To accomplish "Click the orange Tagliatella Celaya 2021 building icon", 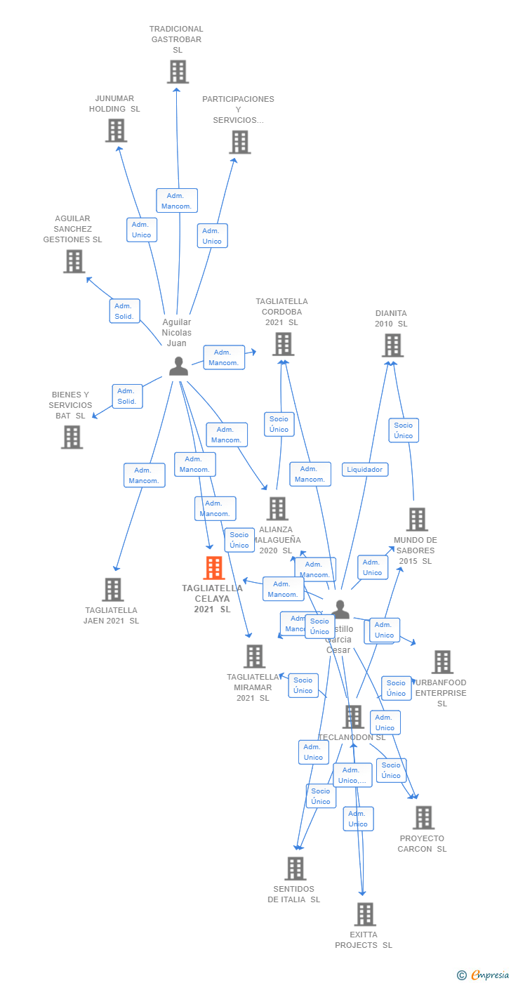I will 213,568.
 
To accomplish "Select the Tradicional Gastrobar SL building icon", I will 178,72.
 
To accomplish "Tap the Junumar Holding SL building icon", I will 116,131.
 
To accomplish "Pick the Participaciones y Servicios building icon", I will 239,142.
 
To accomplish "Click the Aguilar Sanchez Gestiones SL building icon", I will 74,261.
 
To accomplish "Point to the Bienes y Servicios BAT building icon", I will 72,437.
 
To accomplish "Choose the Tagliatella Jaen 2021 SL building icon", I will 112,590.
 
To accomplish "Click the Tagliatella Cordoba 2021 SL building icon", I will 283,344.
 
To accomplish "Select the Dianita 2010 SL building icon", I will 392,345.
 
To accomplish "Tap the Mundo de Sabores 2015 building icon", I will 416,520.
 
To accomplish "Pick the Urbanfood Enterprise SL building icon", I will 442,661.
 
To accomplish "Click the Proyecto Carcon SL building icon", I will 423,817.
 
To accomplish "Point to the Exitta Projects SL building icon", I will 365,914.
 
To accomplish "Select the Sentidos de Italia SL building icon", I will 296,869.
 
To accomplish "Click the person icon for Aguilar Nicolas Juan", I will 178,366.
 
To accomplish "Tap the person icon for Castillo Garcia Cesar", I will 340,609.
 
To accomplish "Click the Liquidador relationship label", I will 365,470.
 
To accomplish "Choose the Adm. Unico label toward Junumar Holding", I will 141,230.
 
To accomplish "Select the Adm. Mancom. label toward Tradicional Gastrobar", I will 177,200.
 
